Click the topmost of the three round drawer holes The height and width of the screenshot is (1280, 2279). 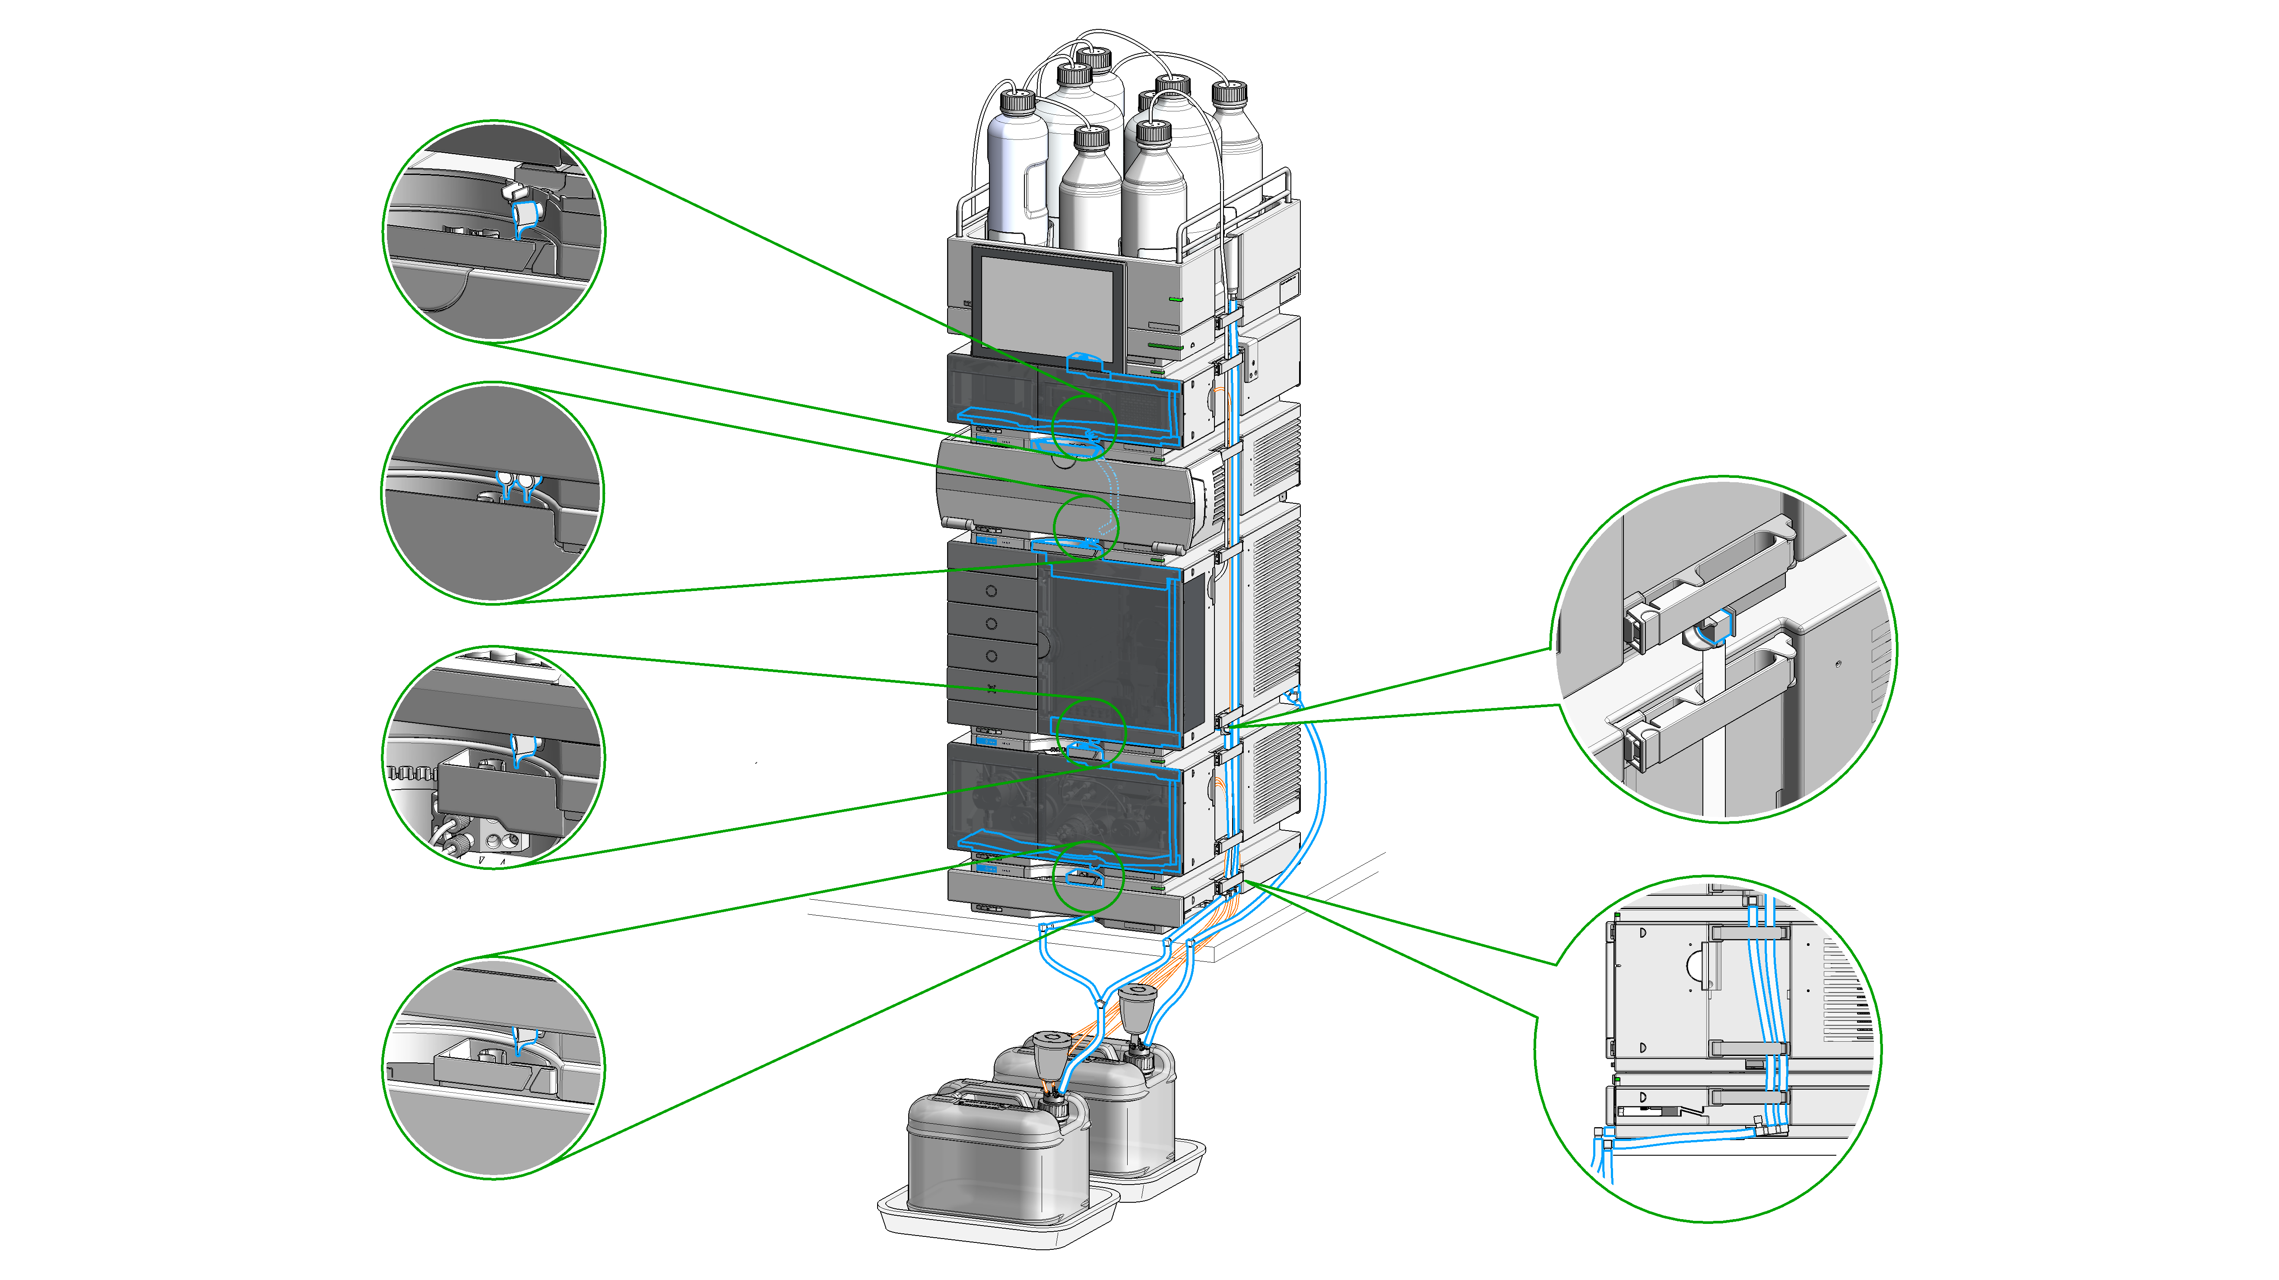(x=991, y=591)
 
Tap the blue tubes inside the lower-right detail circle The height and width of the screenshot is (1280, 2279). (x=1765, y=999)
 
